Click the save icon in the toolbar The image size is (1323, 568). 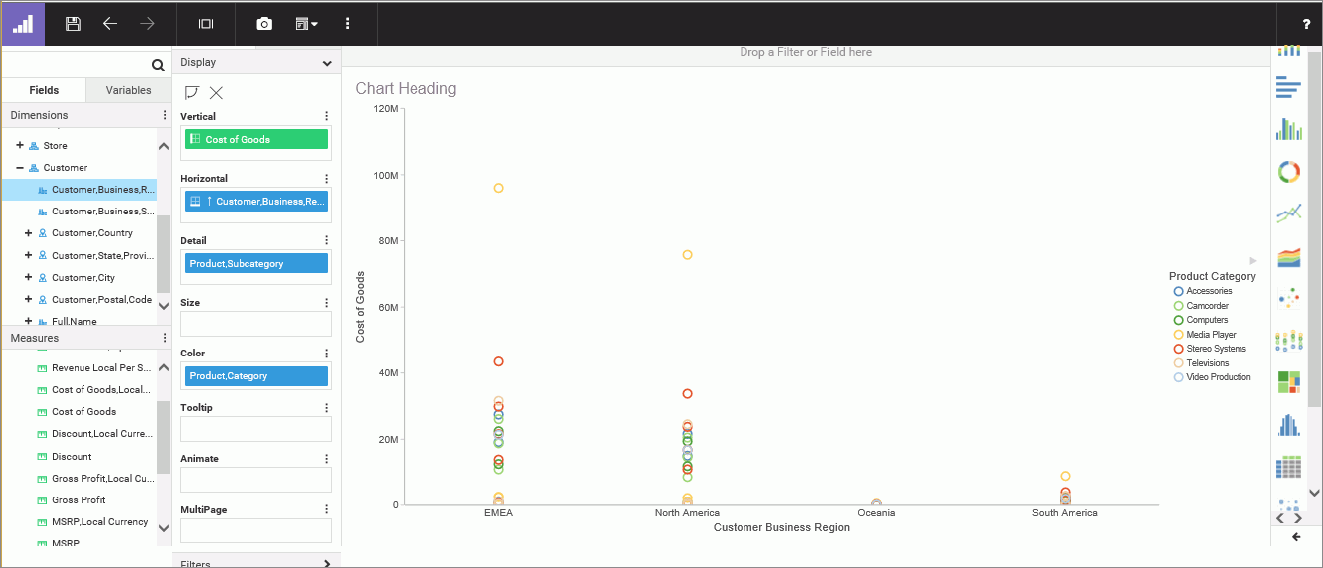tap(73, 24)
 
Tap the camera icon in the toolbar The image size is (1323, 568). tap(264, 24)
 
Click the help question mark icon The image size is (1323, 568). tap(1306, 24)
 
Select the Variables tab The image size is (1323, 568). tap(128, 90)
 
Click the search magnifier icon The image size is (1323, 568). tap(158, 66)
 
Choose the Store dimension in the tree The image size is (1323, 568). tap(55, 146)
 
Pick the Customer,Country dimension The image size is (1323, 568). tap(91, 233)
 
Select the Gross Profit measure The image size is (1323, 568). tap(79, 500)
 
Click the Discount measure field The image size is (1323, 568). tap(72, 457)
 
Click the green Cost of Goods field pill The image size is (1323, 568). tap(255, 140)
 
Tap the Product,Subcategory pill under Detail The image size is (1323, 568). tap(255, 264)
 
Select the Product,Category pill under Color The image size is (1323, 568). tap(255, 376)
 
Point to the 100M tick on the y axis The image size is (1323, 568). tap(386, 175)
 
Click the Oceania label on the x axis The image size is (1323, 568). tap(876, 513)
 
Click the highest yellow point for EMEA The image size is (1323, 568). tap(498, 188)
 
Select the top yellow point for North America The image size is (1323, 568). tap(687, 255)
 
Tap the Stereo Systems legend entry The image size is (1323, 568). tap(1216, 349)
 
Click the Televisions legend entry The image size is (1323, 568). tap(1207, 363)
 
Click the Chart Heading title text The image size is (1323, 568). tap(406, 89)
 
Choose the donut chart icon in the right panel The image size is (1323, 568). tap(1288, 172)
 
